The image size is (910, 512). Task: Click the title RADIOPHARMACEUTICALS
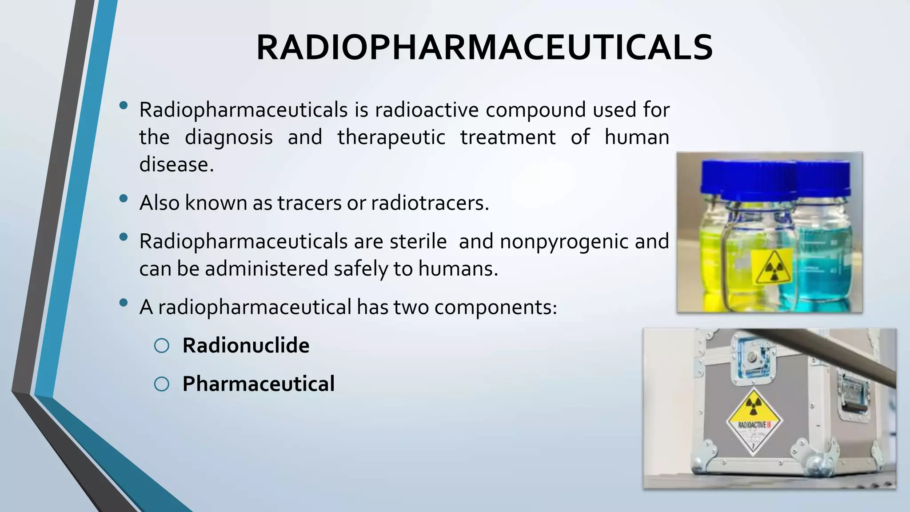click(x=484, y=48)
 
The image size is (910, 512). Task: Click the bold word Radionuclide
click(x=246, y=346)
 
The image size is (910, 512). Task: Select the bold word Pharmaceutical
click(x=258, y=384)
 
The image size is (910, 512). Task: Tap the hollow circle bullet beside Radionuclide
click(x=162, y=346)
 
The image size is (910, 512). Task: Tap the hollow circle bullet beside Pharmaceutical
click(x=162, y=384)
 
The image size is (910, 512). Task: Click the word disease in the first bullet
click(x=176, y=165)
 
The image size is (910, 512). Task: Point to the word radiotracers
click(x=429, y=203)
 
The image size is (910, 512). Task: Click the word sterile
click(x=418, y=242)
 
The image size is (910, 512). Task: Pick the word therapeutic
click(x=391, y=137)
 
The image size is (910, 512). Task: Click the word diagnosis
click(x=228, y=137)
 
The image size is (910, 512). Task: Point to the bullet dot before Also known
click(x=124, y=199)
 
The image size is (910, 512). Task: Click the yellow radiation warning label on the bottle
click(x=772, y=266)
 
